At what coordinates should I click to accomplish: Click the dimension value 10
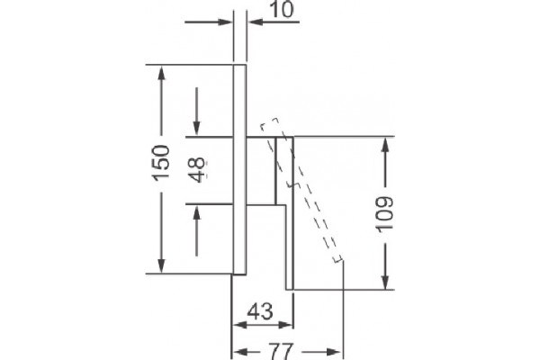pos(283,9)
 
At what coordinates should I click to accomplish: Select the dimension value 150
pos(161,163)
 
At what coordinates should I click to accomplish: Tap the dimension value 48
pos(198,169)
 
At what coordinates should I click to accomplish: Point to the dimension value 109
pos(384,214)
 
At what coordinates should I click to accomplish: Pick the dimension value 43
pos(260,311)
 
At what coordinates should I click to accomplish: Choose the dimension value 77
pos(281,351)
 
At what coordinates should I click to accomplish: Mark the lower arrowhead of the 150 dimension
pos(161,265)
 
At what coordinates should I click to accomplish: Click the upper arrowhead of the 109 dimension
pos(385,147)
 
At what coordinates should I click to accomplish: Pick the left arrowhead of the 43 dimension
pos(240,325)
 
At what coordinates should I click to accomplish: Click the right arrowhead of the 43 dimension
pos(284,325)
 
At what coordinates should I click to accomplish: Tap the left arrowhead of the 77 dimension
pos(240,352)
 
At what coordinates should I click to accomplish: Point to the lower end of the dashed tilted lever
pos(337,258)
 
